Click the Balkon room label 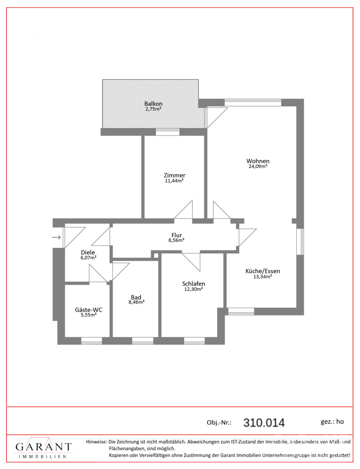click(153, 104)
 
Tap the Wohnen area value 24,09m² click(258, 167)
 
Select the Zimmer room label click(174, 175)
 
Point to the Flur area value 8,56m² click(176, 240)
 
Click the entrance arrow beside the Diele click(57, 237)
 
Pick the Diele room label click(88, 252)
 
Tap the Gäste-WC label click(89, 310)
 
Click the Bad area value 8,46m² click(136, 302)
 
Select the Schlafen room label click(194, 284)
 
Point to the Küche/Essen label click(263, 271)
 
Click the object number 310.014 click(264, 423)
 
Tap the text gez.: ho click(332, 422)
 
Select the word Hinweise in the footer click(96, 442)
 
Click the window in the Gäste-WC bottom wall click(92, 341)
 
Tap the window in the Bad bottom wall click(143, 341)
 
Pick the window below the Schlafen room click(194, 341)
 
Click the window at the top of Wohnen click(253, 103)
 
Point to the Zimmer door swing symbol click(183, 210)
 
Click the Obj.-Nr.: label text click(219, 423)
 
